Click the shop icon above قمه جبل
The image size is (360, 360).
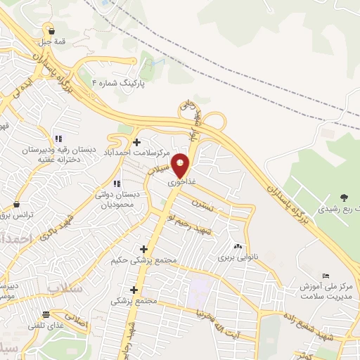pos(51,30)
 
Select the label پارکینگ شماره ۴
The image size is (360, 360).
pos(121,82)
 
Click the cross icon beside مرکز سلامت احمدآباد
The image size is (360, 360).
pos(136,142)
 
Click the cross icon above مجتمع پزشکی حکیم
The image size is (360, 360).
pos(144,249)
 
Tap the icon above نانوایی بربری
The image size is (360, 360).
pos(237,246)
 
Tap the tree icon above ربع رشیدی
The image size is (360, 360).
pos(344,198)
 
